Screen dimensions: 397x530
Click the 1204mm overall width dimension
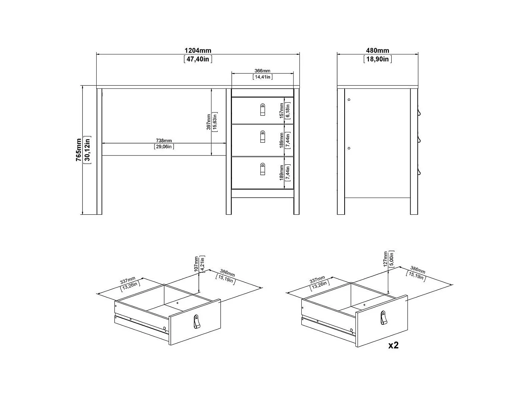[x=198, y=51]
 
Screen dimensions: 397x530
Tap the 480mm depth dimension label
[x=377, y=51]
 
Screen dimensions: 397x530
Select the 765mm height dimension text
[x=79, y=150]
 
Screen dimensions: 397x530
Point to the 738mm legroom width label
[x=164, y=141]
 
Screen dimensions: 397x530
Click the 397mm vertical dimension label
[x=209, y=122]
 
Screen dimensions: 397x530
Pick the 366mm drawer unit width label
[x=262, y=71]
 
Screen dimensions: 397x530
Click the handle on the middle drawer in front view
[x=263, y=137]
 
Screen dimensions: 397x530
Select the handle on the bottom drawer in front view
[x=263, y=169]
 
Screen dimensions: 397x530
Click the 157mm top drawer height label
[x=282, y=111]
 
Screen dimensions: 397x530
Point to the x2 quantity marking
[x=393, y=345]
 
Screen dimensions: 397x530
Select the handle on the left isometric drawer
[x=197, y=322]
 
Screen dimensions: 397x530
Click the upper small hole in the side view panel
[x=349, y=100]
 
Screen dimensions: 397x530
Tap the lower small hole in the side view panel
[x=349, y=148]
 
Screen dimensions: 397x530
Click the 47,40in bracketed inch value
[x=198, y=59]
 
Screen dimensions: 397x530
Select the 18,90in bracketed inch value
[x=377, y=59]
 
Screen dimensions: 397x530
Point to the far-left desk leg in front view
[x=99, y=151]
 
